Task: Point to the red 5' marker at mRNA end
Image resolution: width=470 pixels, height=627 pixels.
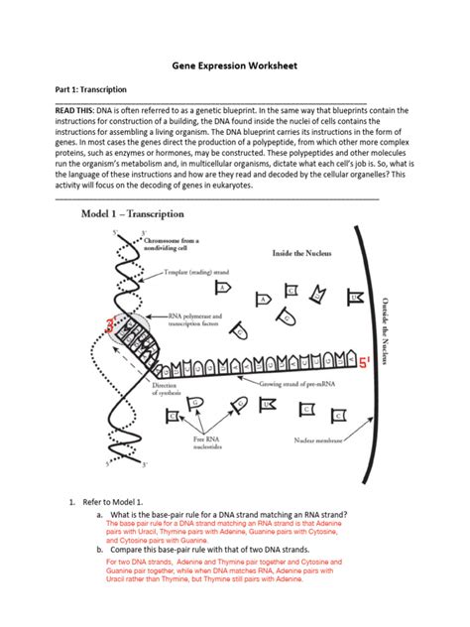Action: tap(365, 362)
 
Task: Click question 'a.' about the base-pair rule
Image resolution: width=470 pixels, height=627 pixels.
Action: tap(227, 515)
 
